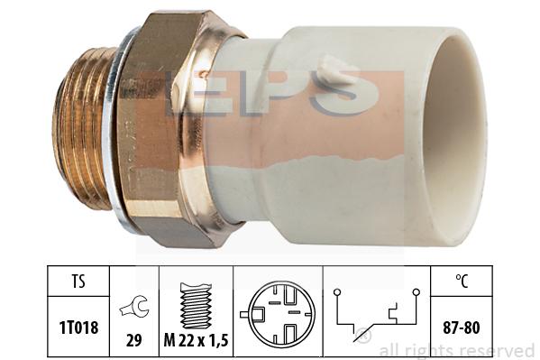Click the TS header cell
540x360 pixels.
(78, 282)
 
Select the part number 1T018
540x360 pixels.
(78, 328)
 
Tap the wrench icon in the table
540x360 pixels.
(134, 307)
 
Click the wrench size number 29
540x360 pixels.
(134, 341)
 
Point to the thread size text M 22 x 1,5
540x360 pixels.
(196, 341)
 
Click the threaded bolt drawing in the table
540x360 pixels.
(196, 306)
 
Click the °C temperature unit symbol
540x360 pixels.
(462, 282)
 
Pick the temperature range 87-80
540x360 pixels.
(462, 328)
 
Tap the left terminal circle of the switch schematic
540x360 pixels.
(337, 292)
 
